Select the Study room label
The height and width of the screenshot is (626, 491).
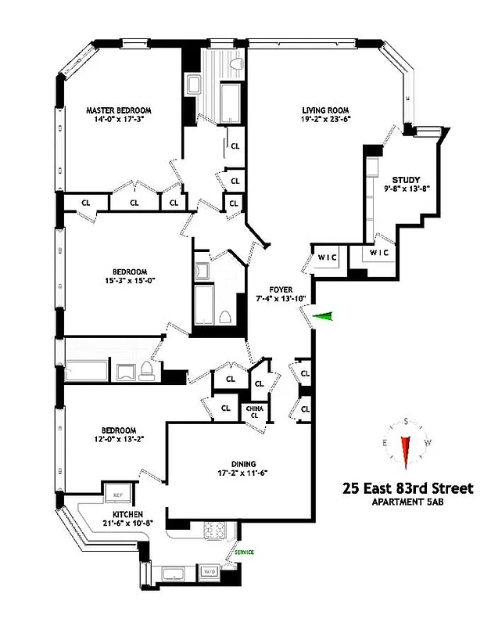click(407, 178)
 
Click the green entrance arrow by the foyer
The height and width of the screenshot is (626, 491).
click(322, 315)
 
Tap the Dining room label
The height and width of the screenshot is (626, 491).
click(248, 463)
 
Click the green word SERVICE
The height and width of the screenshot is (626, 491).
click(245, 553)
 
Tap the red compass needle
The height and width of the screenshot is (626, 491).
click(406, 450)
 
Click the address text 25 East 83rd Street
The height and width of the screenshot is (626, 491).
click(407, 488)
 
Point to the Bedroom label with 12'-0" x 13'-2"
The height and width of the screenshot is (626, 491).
click(118, 430)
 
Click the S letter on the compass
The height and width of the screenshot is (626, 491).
click(406, 421)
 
